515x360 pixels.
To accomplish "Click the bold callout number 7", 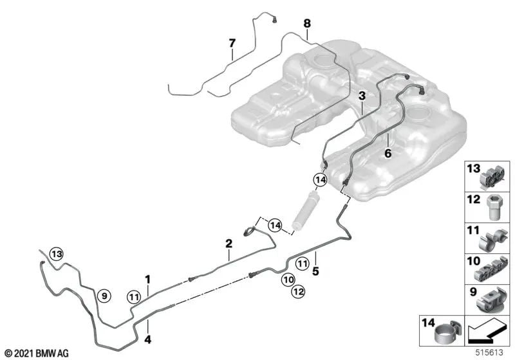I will (232, 43).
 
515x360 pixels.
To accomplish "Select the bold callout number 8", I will (307, 23).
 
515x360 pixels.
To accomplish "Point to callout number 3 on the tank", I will (362, 95).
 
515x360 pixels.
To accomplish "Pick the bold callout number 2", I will (229, 244).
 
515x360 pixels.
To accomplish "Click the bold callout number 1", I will (147, 279).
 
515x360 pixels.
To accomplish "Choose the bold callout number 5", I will (316, 271).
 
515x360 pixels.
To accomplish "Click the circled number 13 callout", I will (57, 254).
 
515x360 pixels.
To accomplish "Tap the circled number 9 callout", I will (104, 296).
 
